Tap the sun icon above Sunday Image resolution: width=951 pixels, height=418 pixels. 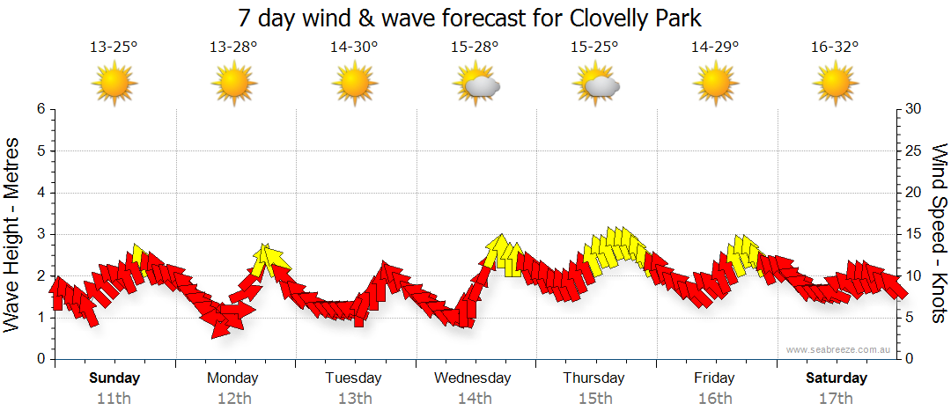tap(114, 85)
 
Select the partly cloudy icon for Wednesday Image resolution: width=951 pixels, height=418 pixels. tap(475, 85)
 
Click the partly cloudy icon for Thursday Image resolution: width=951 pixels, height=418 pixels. tap(596, 85)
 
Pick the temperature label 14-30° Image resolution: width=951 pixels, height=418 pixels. tap(355, 48)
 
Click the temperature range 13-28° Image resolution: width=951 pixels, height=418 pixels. tap(234, 48)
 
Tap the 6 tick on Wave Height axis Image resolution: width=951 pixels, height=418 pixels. tap(41, 109)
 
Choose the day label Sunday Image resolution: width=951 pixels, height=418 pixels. tap(114, 378)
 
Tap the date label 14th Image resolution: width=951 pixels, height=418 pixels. tap(475, 398)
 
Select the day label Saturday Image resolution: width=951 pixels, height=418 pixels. tap(837, 378)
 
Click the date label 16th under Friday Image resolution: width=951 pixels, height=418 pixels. tap(716, 398)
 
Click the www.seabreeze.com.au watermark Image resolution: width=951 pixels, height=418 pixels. tap(840, 349)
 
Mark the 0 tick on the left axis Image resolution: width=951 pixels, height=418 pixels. tap(41, 359)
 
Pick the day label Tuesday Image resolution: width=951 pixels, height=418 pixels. tap(354, 378)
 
